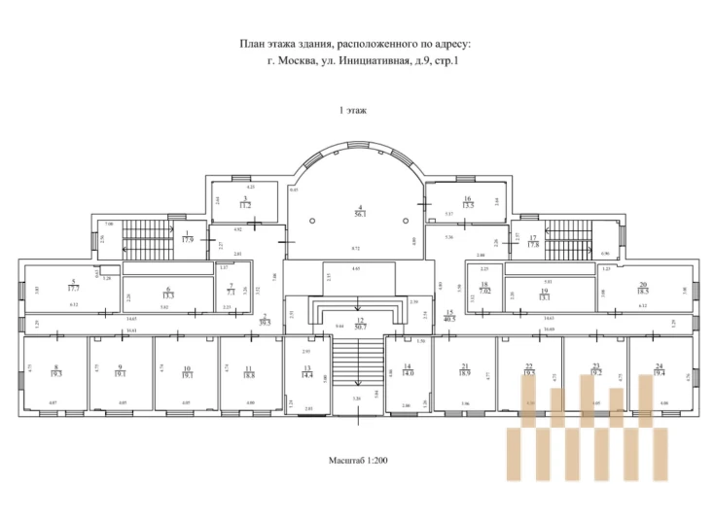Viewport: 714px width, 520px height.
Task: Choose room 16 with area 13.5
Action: tap(468, 202)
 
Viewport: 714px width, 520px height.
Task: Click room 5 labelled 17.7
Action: tap(74, 285)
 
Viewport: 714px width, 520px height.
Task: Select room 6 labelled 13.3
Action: tap(167, 293)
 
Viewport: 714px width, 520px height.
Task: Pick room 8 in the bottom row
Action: tap(56, 370)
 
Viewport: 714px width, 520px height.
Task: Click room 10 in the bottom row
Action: tap(186, 370)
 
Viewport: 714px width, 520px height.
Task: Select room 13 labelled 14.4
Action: tap(307, 371)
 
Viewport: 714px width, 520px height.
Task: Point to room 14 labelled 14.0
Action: tap(408, 369)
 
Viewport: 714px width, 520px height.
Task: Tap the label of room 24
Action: tap(660, 369)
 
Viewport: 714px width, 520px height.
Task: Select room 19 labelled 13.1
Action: tap(545, 294)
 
